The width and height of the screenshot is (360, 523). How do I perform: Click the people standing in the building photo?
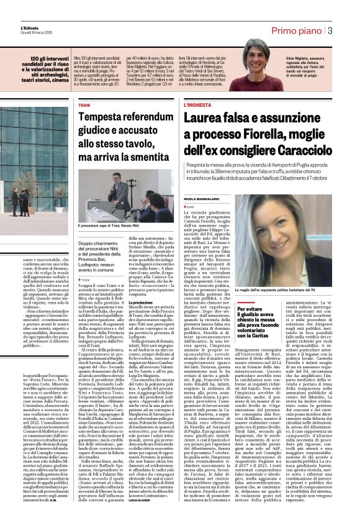[22, 199]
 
